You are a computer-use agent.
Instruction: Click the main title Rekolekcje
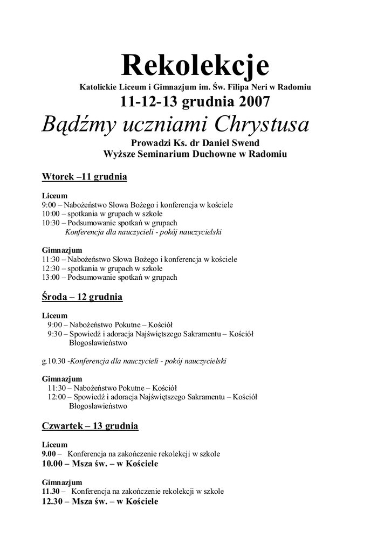[195, 65]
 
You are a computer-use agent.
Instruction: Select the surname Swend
[244, 143]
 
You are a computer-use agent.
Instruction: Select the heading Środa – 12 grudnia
[82, 297]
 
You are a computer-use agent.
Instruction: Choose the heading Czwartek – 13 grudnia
[90, 426]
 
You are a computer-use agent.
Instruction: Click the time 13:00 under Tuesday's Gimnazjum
[51, 278]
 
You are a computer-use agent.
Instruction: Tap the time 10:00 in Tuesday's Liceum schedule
[51, 214]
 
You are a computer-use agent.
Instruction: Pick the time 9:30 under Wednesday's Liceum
[54, 334]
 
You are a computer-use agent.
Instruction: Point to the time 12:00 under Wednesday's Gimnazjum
[57, 397]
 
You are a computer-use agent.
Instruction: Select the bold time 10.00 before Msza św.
[53, 464]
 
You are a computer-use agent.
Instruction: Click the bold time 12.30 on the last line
[53, 502]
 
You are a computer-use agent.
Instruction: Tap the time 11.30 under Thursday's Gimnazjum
[52, 492]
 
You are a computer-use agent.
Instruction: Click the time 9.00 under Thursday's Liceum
[51, 454]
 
